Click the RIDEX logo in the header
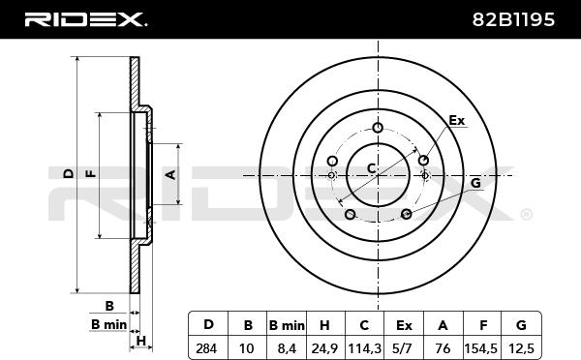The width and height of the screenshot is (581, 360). coord(85,19)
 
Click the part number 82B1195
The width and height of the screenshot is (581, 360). coord(513,19)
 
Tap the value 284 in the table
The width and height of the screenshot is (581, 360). coord(206,348)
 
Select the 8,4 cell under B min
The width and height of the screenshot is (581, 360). coord(287,349)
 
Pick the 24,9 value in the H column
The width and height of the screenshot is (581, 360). coord(324,349)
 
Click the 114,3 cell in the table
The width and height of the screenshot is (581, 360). coord(365,349)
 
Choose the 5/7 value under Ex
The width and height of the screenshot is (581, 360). coord(404,348)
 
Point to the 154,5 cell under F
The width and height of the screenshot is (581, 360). coord(482,349)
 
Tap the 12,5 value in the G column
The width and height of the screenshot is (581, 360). coord(521,349)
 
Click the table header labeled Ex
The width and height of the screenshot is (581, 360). coord(404,325)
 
